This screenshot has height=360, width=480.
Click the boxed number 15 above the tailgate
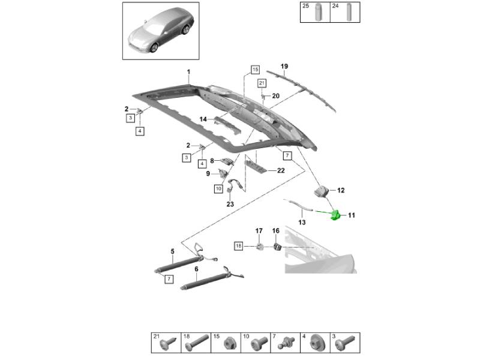tap(254, 69)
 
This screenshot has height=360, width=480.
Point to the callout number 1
tap(188, 72)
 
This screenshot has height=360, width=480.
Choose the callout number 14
tap(203, 119)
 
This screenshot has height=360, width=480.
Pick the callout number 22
tap(281, 170)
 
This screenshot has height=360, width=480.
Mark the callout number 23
tap(230, 204)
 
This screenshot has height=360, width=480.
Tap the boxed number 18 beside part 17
tap(238, 246)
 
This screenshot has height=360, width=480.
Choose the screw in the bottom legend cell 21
tap(167, 344)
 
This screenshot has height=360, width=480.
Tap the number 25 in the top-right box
tap(305, 5)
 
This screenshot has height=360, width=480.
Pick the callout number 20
tap(275, 96)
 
